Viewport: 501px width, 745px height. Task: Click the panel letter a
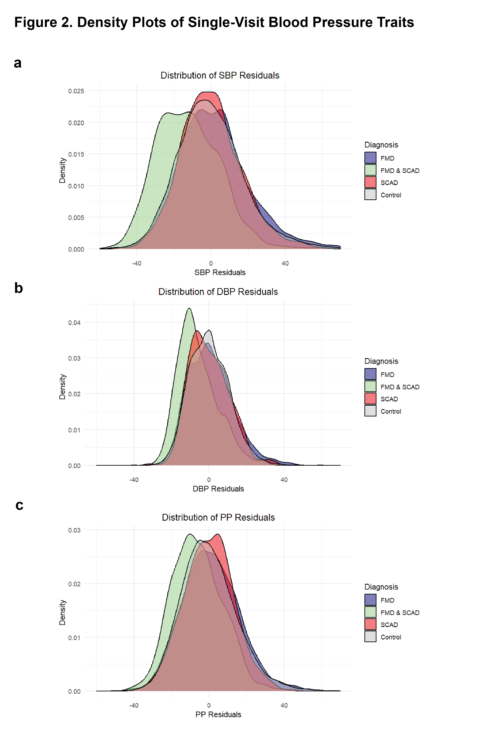(18, 63)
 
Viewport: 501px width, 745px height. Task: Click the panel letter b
(18, 288)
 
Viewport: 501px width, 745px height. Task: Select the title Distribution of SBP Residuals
(220, 75)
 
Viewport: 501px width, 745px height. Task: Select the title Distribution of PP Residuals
(218, 517)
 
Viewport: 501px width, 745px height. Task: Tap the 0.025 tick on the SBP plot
(76, 91)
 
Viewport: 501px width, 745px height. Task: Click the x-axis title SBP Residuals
(220, 273)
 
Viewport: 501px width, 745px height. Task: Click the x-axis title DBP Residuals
(218, 489)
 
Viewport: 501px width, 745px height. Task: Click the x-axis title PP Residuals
(218, 715)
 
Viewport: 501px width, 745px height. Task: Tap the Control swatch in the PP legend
(370, 637)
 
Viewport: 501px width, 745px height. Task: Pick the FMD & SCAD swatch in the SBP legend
(370, 170)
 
